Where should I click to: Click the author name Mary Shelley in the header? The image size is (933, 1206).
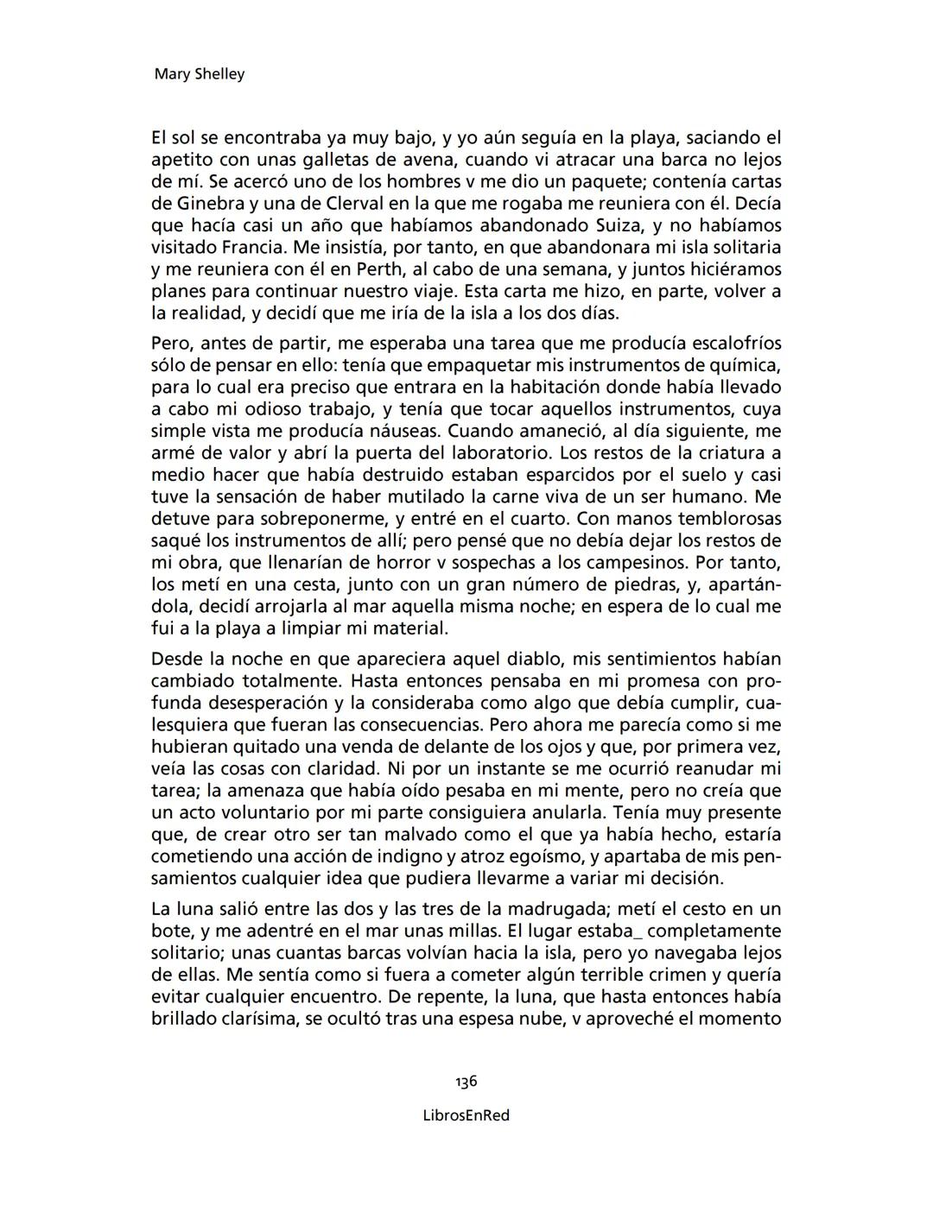coord(199,74)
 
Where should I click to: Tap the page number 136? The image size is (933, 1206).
coord(466,1082)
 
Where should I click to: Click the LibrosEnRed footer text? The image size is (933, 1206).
coord(466,1115)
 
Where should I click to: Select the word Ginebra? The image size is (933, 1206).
coord(204,204)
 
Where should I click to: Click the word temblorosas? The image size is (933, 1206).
coord(729,519)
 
